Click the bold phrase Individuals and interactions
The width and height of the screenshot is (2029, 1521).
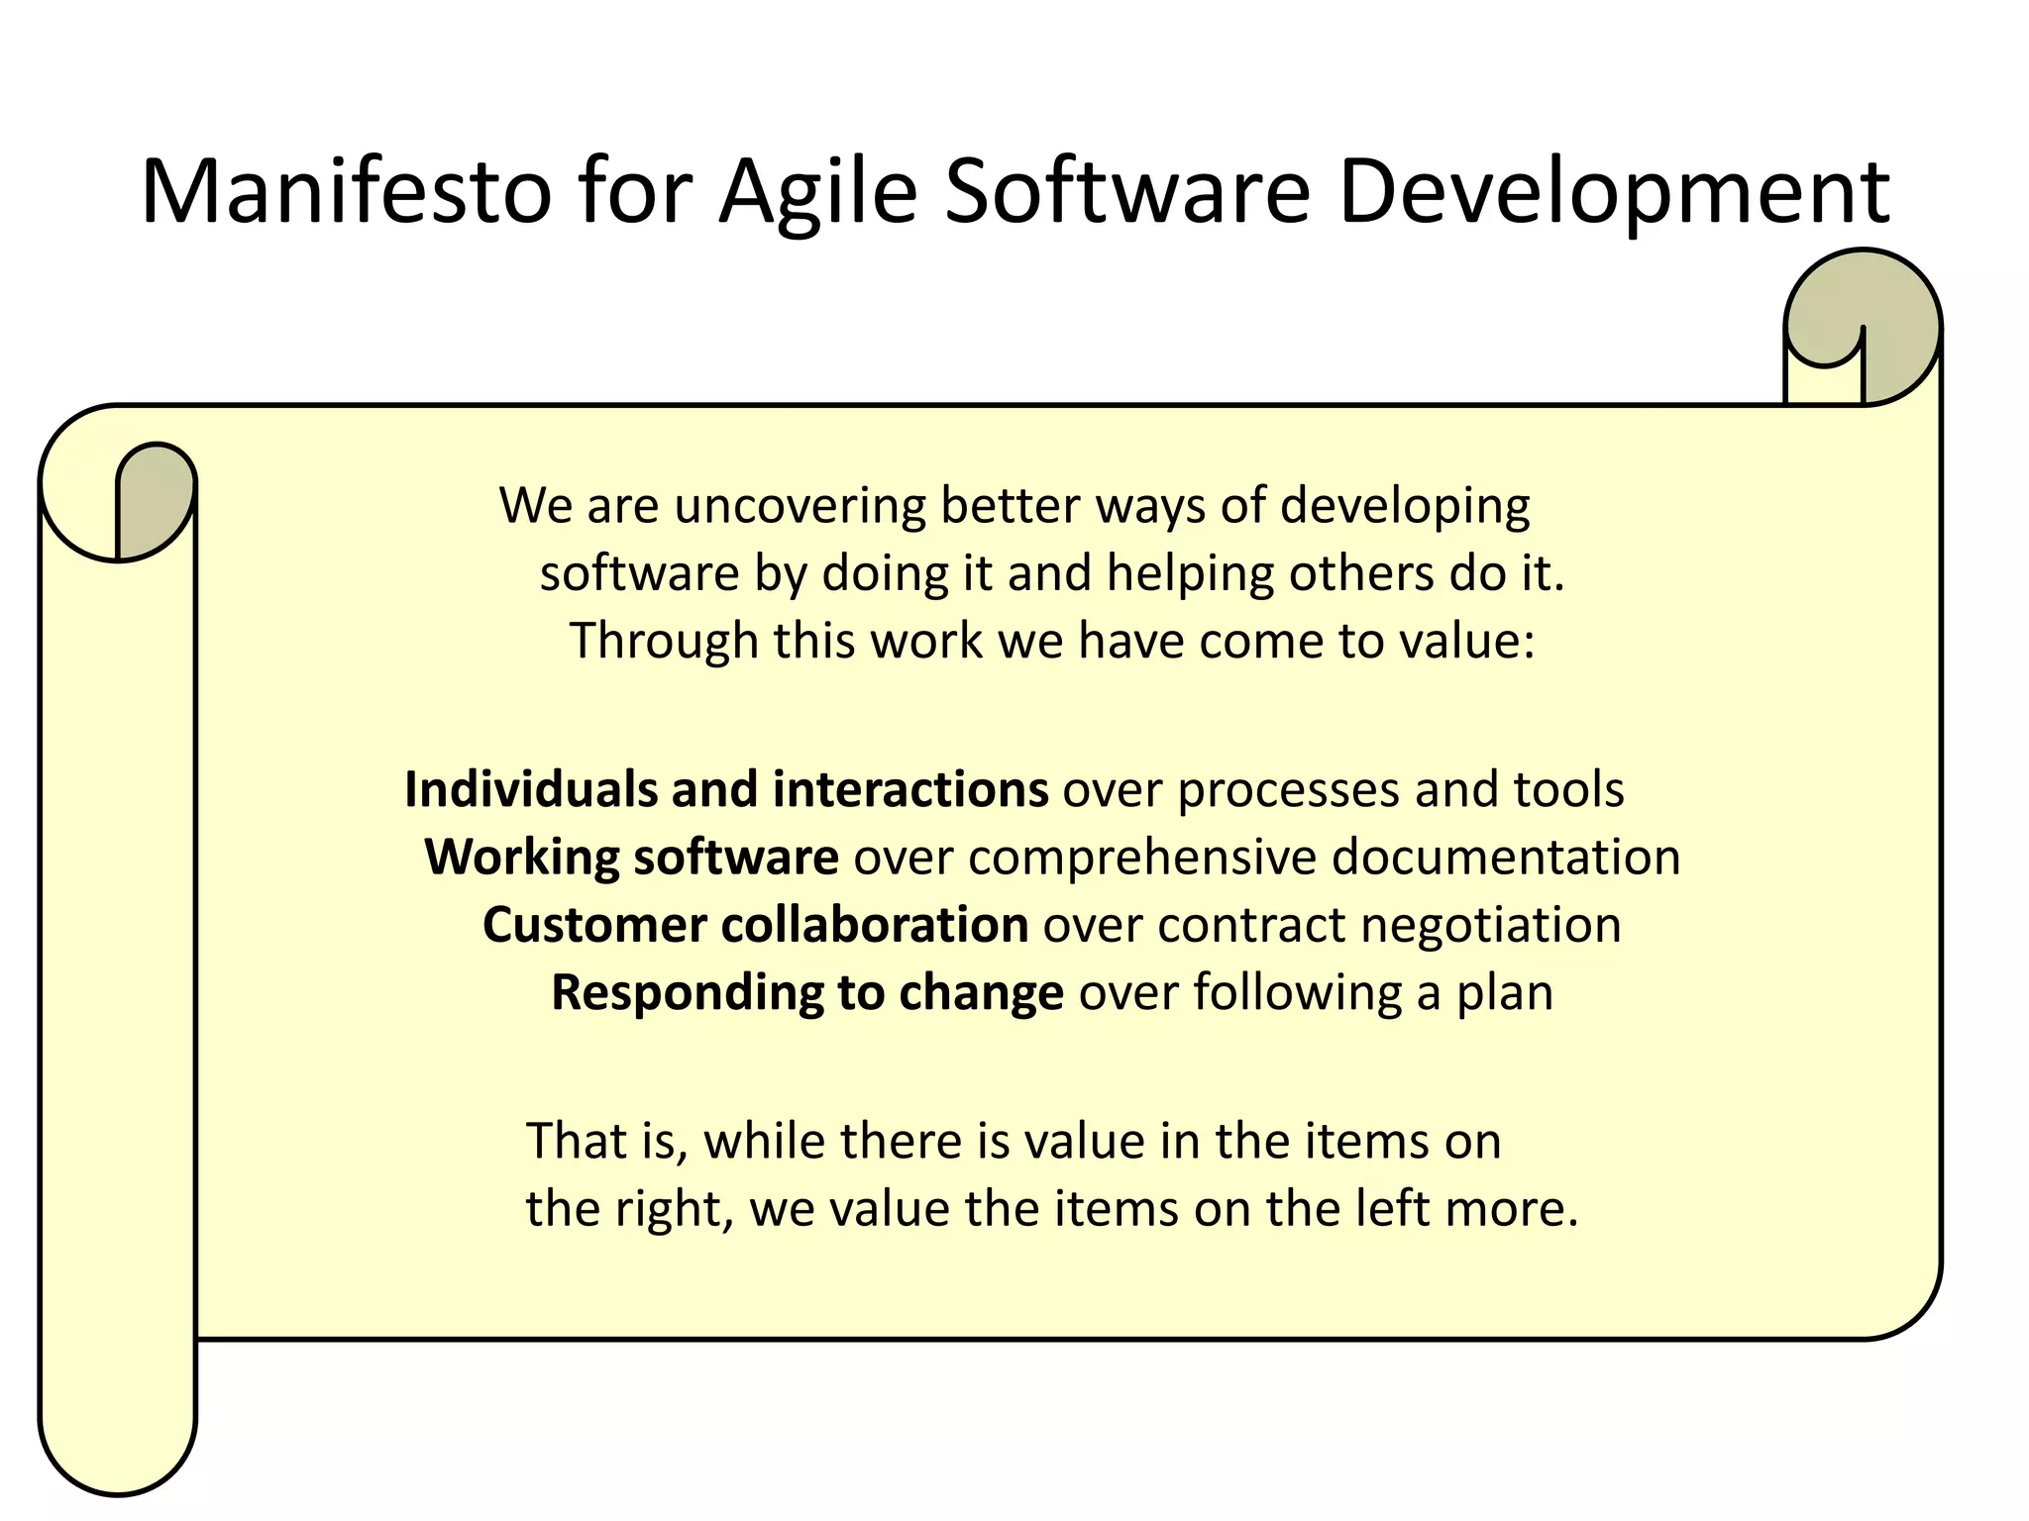[x=726, y=790]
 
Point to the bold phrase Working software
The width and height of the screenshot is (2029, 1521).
[x=631, y=858]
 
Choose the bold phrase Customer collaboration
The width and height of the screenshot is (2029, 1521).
[x=755, y=925]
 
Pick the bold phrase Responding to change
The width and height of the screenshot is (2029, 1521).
[x=806, y=992]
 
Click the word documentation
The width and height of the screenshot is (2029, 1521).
[x=1505, y=858]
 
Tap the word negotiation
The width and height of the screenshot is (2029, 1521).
[x=1490, y=925]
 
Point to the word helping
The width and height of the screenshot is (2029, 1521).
[x=1189, y=574]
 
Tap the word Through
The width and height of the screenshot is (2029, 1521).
[x=663, y=642]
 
